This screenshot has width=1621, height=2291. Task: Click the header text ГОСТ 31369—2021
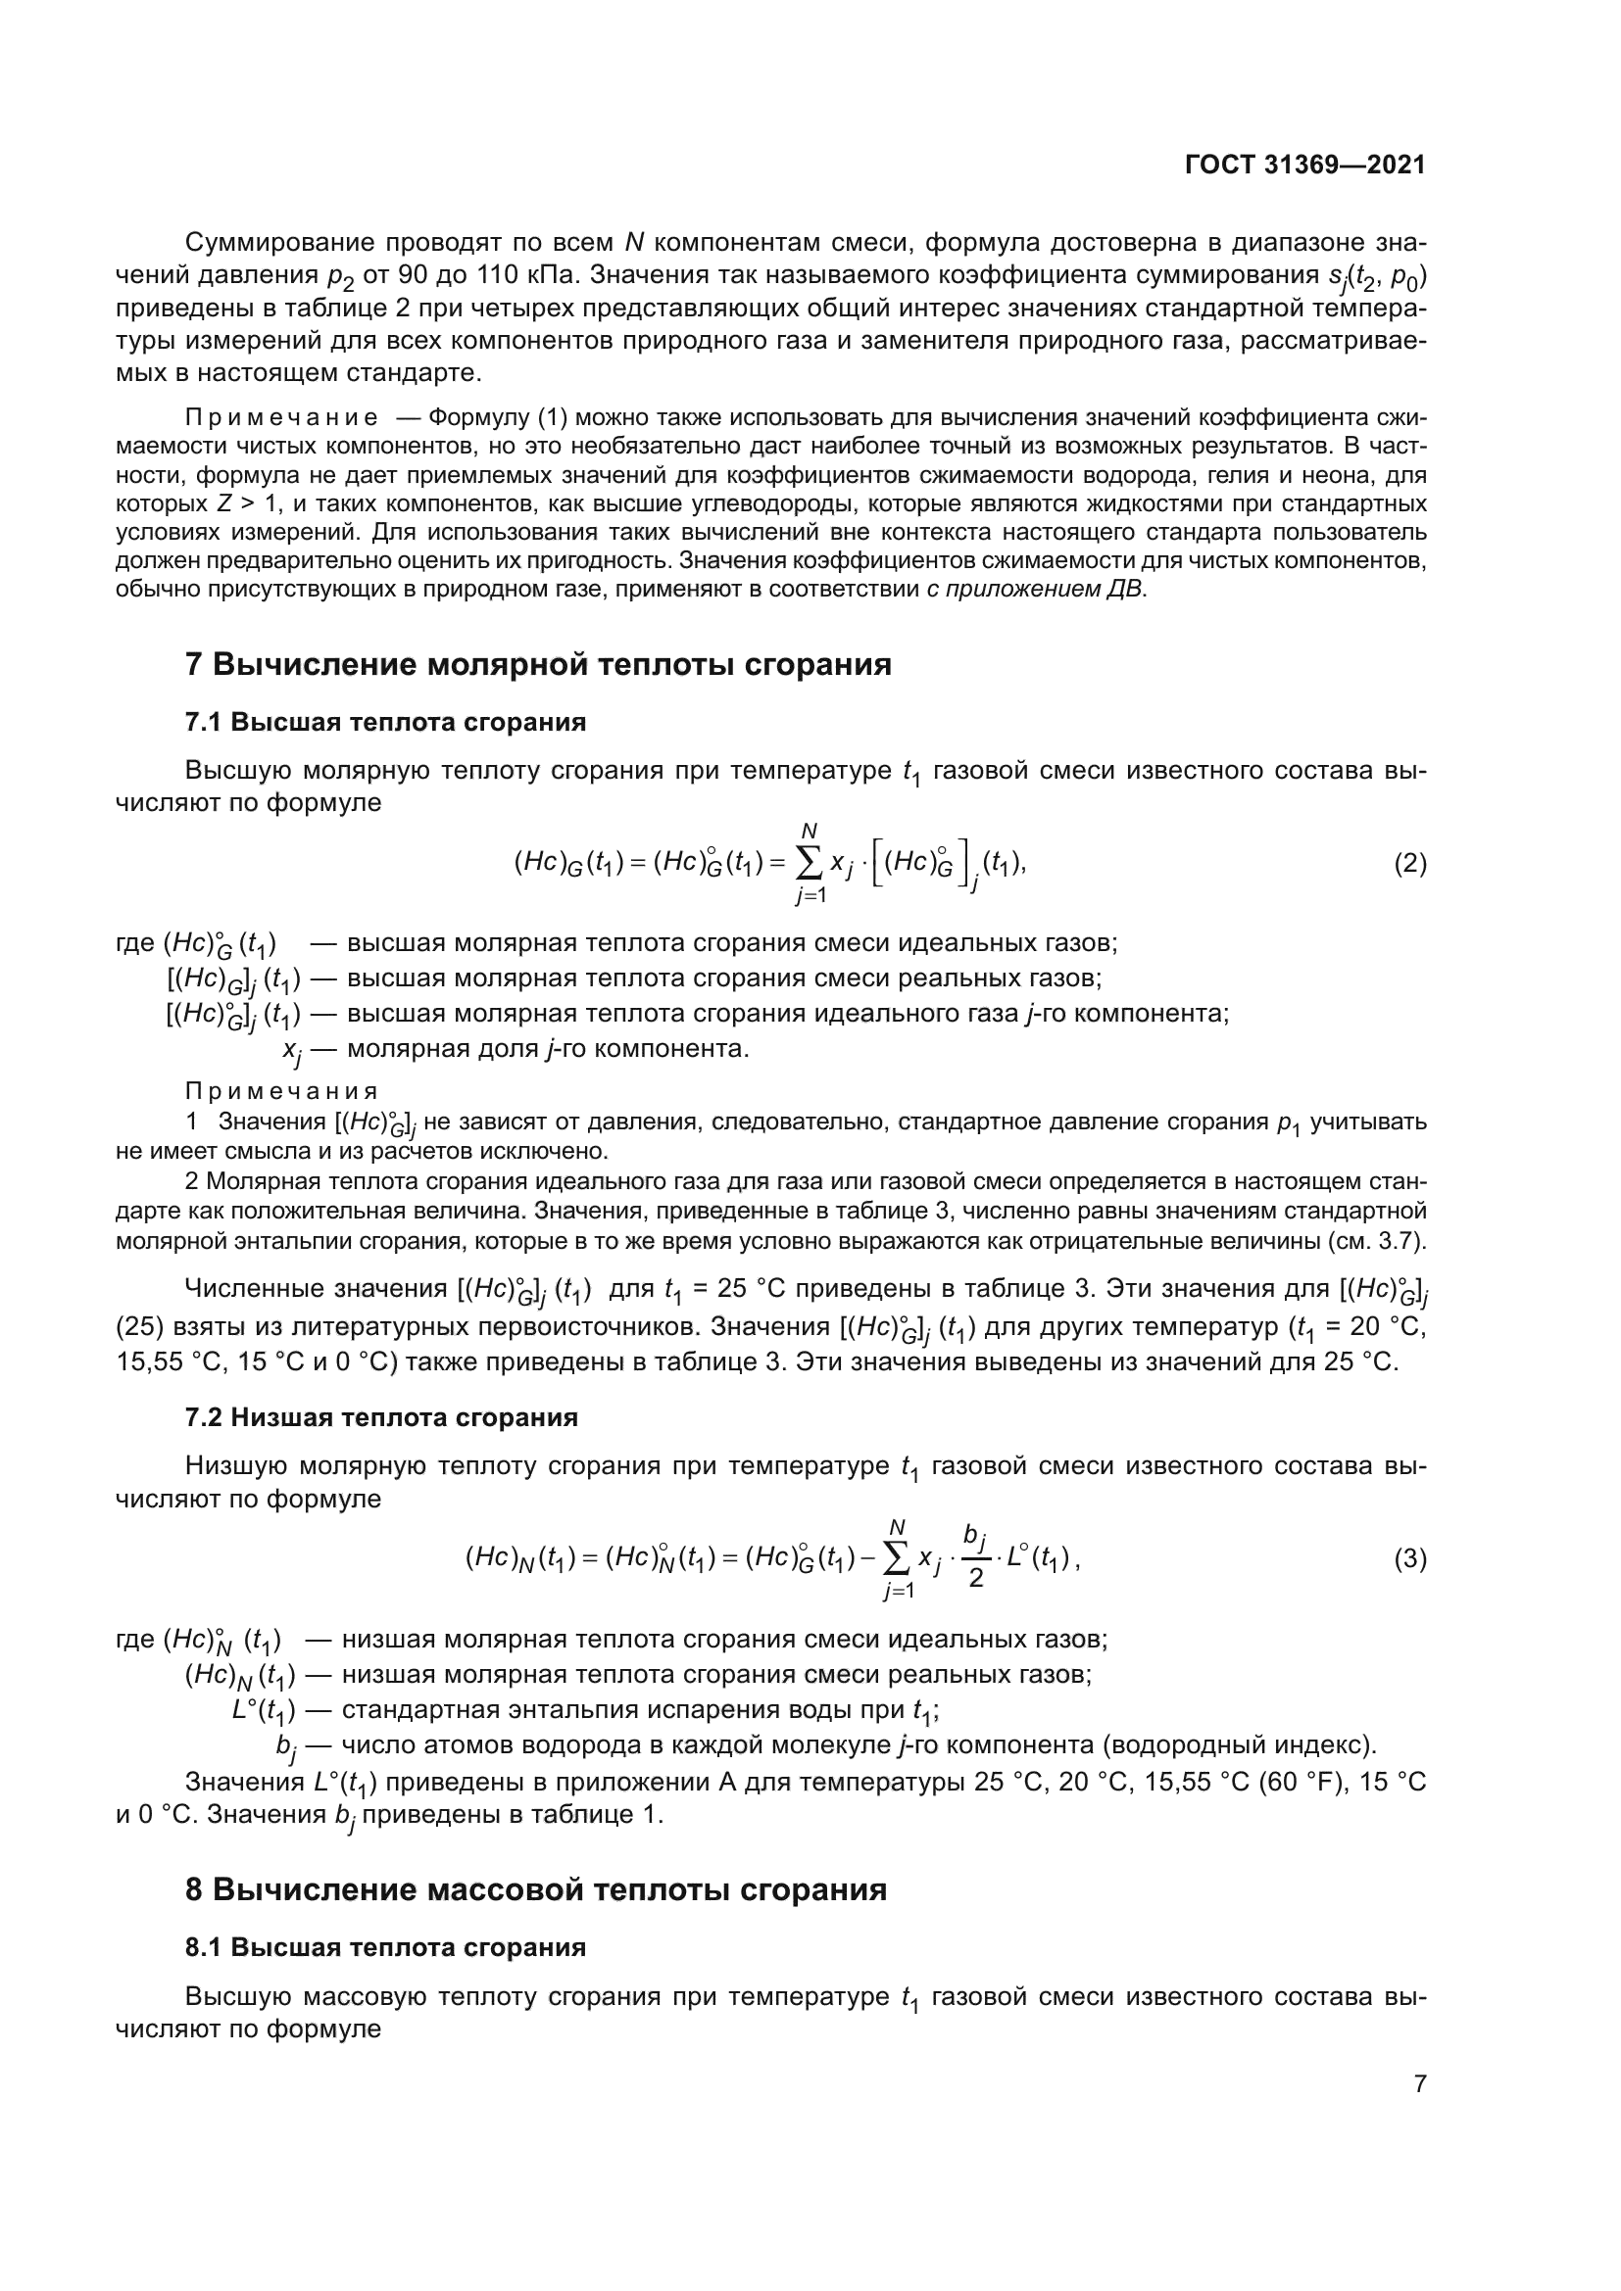click(x=1304, y=166)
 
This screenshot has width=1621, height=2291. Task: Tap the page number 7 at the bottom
click(x=1419, y=2082)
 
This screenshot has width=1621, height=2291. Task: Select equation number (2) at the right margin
click(x=1409, y=863)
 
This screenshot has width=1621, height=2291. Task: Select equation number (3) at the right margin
click(x=1409, y=1558)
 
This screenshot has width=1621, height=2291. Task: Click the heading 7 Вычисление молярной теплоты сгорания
click(x=538, y=663)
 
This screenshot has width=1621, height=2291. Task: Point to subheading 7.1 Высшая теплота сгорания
click(x=385, y=722)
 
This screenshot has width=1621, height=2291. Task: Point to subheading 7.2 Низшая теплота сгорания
click(x=381, y=1417)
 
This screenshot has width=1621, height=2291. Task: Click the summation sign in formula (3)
click(x=897, y=1557)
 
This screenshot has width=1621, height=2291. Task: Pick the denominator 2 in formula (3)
click(x=975, y=1579)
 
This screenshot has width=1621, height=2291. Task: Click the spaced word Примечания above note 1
click(x=281, y=1090)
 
